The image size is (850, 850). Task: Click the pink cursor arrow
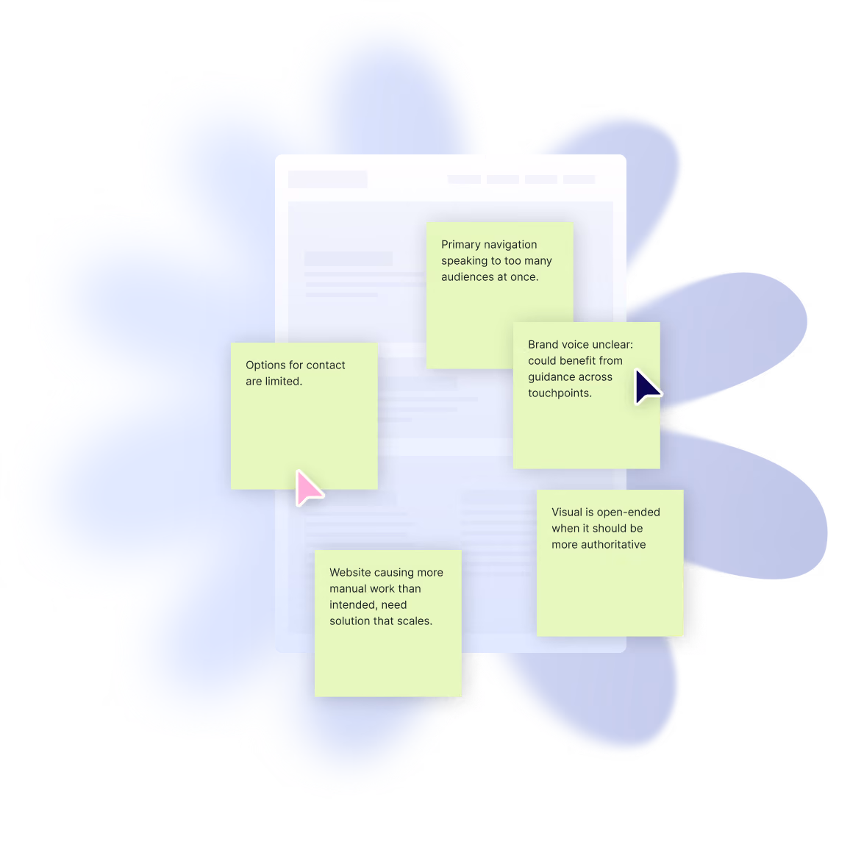(308, 488)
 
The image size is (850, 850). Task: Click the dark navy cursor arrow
(646, 386)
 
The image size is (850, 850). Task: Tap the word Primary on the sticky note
(460, 245)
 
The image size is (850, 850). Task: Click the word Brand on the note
(543, 345)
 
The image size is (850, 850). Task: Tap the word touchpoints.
(560, 393)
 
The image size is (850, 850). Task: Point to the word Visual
(566, 512)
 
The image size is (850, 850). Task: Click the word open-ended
(628, 512)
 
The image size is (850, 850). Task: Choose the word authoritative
(614, 545)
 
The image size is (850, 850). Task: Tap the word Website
(349, 573)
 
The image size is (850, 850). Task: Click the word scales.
(415, 621)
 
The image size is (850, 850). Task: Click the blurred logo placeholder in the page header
(327, 179)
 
